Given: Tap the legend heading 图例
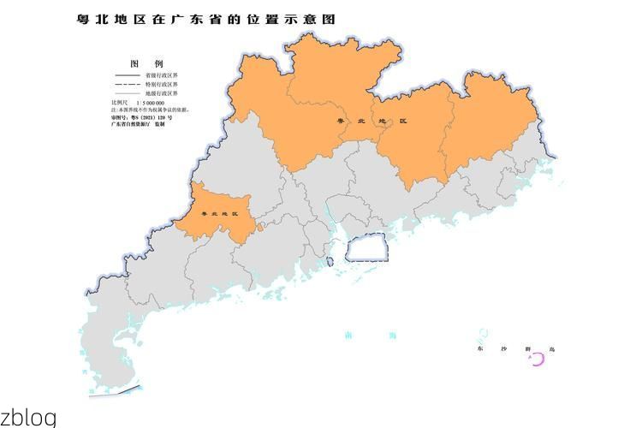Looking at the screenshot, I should tap(146, 64).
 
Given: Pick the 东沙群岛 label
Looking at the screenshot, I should tap(517, 349).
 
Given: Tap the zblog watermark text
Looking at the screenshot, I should tap(28, 418).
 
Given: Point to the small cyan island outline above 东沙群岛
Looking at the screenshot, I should tap(484, 332).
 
